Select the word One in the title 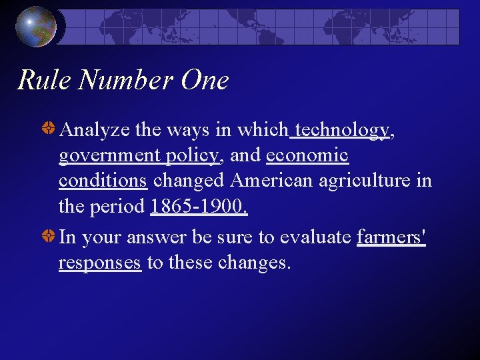[x=205, y=81]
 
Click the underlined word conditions [x=103, y=181]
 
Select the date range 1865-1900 [x=199, y=207]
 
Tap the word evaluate [x=315, y=237]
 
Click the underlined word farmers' [x=391, y=237]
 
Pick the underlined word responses [x=100, y=263]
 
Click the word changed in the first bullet [x=190, y=181]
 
